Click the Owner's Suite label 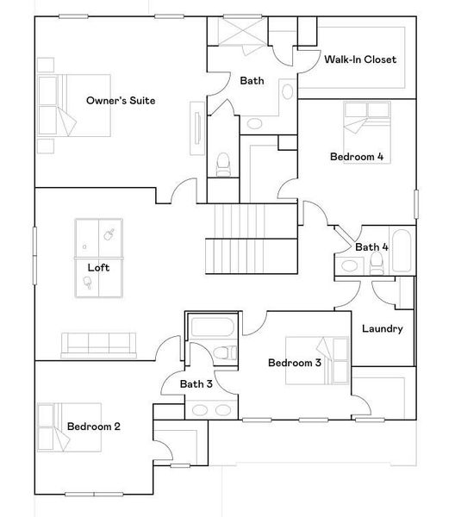pos(121,101)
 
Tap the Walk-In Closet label pos(360,59)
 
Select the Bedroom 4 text pos(356,157)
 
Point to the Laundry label pos(382,328)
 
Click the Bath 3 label pos(196,384)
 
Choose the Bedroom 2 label pos(93,427)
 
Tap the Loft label pos(99,267)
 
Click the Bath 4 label pos(371,247)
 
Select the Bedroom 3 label pos(294,363)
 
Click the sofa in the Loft pos(97,344)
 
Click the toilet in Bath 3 pos(226,352)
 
